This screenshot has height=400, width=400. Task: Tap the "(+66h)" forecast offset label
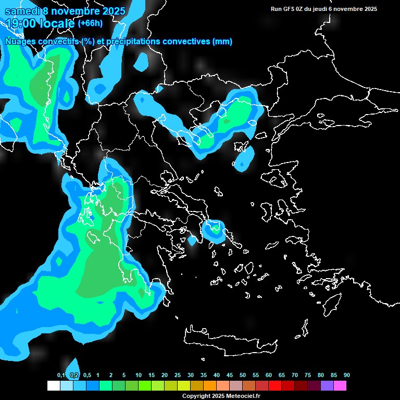[90, 23]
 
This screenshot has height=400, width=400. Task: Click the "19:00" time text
[20, 23]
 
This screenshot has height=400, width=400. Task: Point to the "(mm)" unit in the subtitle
[222, 42]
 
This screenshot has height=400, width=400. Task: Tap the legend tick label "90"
[346, 375]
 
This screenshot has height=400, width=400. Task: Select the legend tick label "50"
[243, 375]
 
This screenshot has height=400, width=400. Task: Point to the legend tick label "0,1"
[61, 375]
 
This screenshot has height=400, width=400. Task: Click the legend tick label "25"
[178, 375]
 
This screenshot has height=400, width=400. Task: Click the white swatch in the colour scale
[53, 385]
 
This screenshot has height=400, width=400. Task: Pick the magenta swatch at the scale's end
[340, 385]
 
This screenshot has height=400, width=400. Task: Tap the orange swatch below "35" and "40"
[209, 385]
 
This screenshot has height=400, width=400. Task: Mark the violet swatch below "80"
[327, 385]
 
